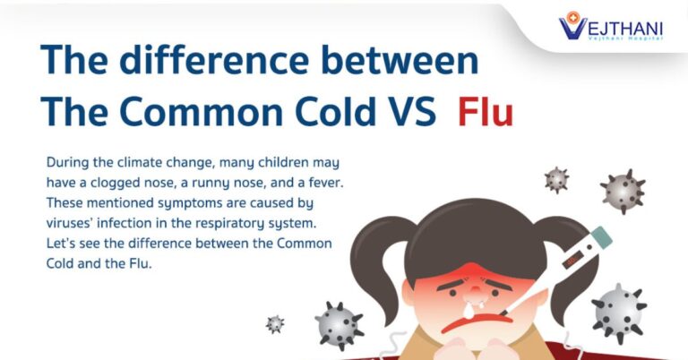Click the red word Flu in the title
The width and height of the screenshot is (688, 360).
[x=486, y=111]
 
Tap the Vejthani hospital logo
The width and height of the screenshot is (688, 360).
[x=611, y=26]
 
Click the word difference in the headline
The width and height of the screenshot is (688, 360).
[x=214, y=60]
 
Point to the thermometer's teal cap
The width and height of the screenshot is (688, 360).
[x=602, y=236]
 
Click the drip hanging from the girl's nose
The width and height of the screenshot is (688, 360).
[x=469, y=311]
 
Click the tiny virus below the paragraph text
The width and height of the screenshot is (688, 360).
[x=275, y=324]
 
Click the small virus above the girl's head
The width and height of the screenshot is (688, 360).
[x=556, y=180]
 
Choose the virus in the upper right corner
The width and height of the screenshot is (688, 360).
[x=623, y=192]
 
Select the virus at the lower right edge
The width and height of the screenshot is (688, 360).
[x=619, y=313]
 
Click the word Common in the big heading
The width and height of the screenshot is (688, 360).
[x=202, y=111]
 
